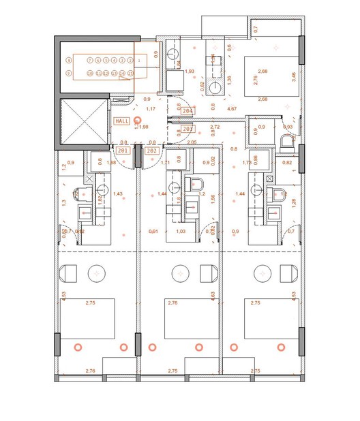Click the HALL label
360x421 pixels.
pos(122,121)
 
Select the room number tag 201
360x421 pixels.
pos(123,151)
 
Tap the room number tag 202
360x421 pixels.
pos(152,151)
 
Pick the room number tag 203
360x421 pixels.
pos(188,128)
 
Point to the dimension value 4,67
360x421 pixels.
pos(232,108)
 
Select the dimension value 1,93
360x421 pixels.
pos(190,71)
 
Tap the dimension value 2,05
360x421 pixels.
pos(192,142)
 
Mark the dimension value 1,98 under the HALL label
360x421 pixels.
pos(144,127)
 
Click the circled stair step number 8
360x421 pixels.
pos(69,60)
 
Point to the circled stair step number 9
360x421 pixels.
pos(69,72)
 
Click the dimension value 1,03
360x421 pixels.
pos(181,232)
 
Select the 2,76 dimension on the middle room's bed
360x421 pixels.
pos(172,302)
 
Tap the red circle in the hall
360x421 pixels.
pos(138,120)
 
